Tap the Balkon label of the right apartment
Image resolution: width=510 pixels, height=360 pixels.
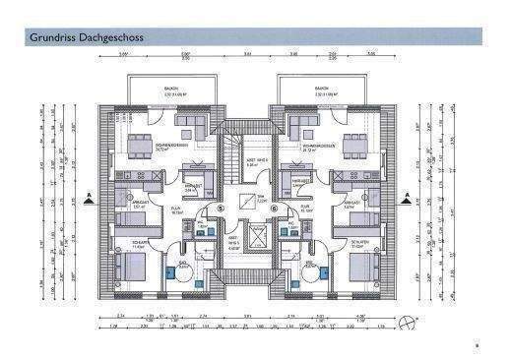(x=321, y=89)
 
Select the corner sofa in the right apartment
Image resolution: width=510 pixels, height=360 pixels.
(x=301, y=127)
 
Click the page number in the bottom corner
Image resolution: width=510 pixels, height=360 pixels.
(x=477, y=345)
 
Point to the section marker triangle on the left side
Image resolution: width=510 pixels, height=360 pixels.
(x=91, y=198)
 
